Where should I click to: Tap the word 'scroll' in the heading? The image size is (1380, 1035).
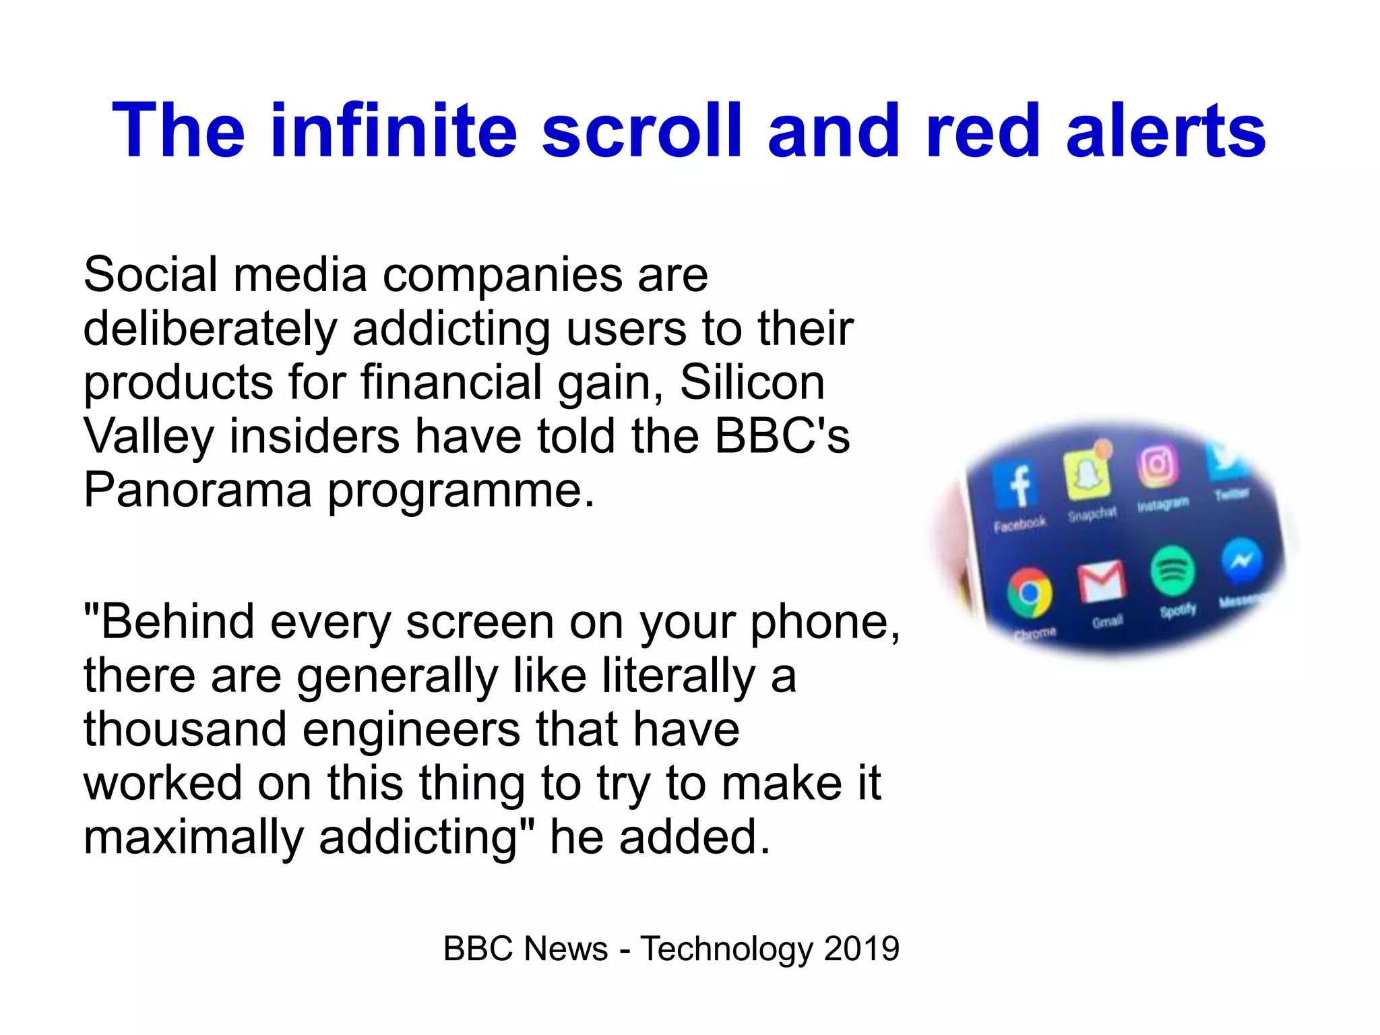(x=641, y=130)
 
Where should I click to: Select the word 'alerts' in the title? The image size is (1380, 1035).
(x=1166, y=130)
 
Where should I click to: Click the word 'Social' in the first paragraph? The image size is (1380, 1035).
(x=150, y=275)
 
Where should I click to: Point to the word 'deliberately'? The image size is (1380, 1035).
(x=210, y=330)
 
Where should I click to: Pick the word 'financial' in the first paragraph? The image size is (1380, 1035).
(x=451, y=383)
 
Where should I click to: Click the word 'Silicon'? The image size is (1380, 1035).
(x=752, y=383)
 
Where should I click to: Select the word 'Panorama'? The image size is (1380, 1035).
(x=197, y=490)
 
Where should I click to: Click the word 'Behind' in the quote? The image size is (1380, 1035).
(x=177, y=621)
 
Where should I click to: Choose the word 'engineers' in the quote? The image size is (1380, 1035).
(x=411, y=731)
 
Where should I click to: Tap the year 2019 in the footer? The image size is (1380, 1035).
(x=861, y=949)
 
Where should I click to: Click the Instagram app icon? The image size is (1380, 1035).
(x=1157, y=465)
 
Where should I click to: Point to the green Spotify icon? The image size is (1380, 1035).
(x=1172, y=571)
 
